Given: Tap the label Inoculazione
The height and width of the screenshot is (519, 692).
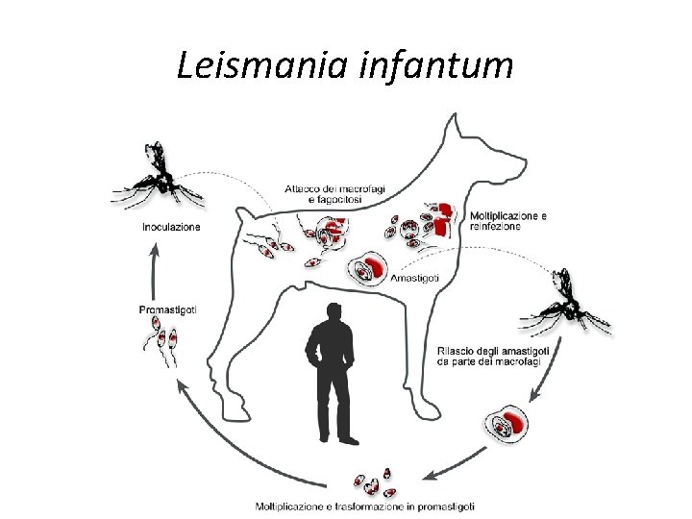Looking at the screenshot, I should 171,228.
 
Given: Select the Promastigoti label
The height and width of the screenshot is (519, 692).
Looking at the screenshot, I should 168,309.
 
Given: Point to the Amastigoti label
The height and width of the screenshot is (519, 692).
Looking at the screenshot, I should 416,278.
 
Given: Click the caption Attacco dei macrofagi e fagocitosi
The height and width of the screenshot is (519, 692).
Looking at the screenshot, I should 334,193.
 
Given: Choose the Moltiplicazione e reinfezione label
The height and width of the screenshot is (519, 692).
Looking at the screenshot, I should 508,221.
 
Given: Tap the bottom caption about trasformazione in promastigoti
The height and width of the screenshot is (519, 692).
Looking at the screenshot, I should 364,506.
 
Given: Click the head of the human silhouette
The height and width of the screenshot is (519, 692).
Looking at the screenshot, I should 334,313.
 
